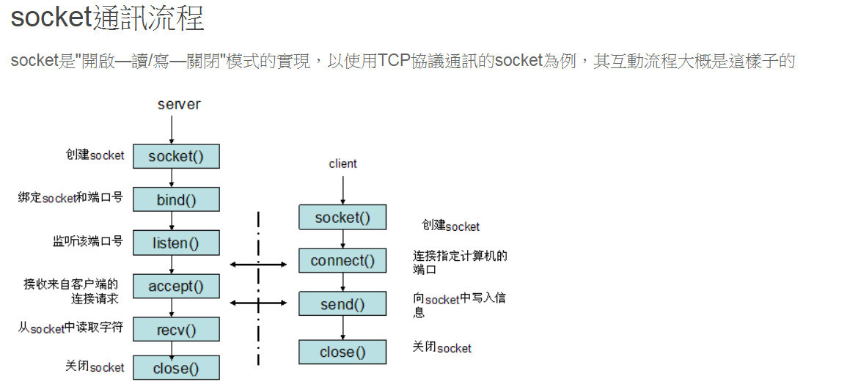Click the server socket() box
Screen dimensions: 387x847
[176, 156]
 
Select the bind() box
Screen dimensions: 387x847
[176, 199]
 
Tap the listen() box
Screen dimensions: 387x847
[176, 243]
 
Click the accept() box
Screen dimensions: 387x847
[176, 286]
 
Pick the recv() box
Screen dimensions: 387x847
[176, 329]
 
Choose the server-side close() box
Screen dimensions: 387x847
[176, 368]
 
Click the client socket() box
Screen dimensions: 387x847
[342, 217]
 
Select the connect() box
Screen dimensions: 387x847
[342, 260]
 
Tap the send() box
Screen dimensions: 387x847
[342, 304]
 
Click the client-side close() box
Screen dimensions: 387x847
[342, 352]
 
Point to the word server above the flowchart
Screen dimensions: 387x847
[178, 104]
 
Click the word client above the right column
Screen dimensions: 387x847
[342, 163]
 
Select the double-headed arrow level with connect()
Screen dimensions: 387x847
[258, 264]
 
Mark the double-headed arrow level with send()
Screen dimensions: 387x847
[258, 302]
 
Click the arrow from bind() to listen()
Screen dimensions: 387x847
[171, 221]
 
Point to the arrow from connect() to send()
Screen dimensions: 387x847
[342, 282]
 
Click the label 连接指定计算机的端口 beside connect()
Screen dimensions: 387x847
[460, 262]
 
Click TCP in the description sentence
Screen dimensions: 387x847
[395, 61]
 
